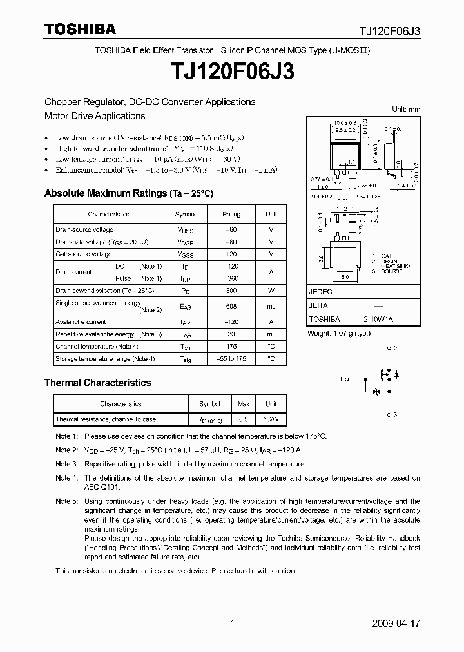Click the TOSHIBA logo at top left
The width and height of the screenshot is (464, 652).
click(x=79, y=29)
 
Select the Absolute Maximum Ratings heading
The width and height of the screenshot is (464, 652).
click(x=128, y=193)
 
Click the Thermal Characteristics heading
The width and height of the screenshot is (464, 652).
click(x=97, y=383)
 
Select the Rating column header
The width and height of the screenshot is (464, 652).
click(x=231, y=215)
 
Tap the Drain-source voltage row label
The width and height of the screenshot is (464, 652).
click(x=84, y=230)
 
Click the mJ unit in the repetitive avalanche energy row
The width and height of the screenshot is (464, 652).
click(x=271, y=334)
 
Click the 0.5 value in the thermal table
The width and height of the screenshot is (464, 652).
click(x=244, y=419)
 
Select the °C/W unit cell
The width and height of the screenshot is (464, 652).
click(x=271, y=419)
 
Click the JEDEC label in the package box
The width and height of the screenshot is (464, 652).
click(x=322, y=291)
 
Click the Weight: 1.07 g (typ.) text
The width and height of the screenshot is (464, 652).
click(x=339, y=333)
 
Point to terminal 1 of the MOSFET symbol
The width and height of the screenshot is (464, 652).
click(x=341, y=379)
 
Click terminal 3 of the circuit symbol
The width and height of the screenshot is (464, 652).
click(x=395, y=414)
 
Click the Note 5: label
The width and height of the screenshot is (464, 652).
click(x=66, y=501)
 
